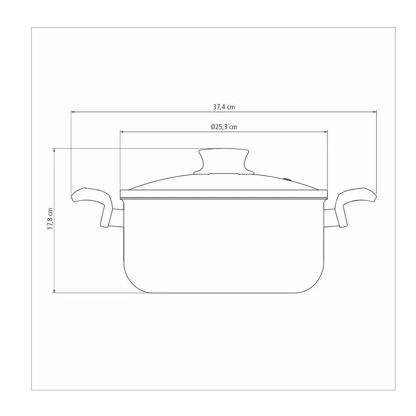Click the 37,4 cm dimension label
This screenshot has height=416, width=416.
224,107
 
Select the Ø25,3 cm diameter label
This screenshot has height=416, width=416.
224,127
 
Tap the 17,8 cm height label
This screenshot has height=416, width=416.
50,219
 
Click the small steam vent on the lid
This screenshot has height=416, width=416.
287,179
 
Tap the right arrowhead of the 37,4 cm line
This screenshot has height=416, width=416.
374,112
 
